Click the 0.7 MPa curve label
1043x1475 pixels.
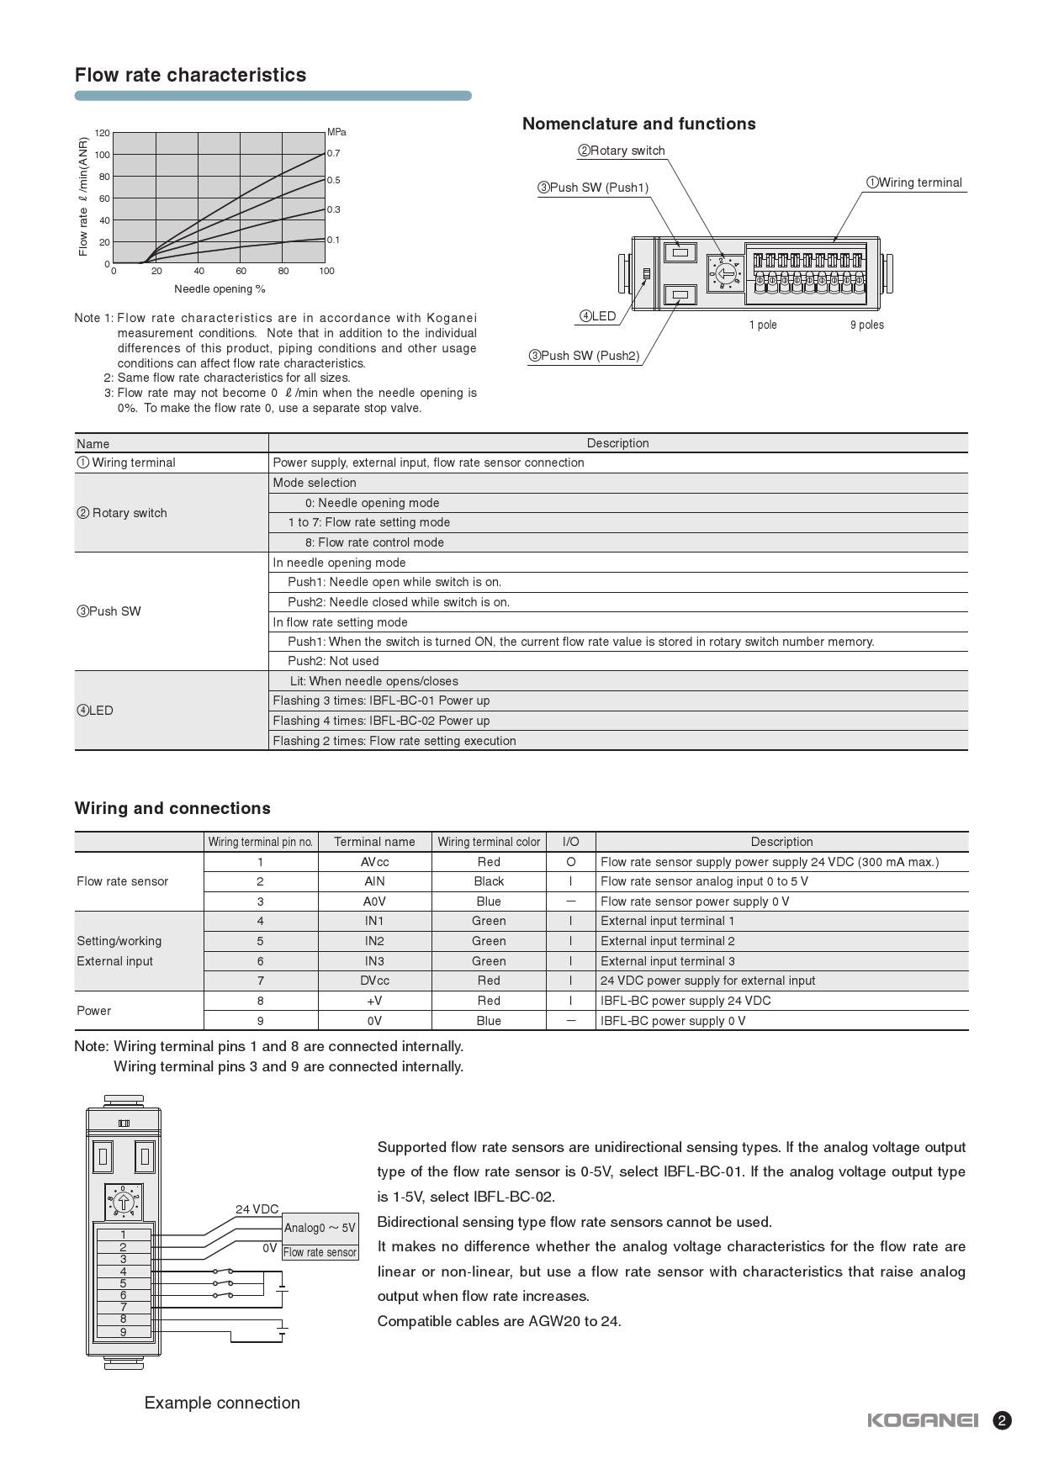coord(334,153)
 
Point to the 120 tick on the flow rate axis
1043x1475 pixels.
coord(102,133)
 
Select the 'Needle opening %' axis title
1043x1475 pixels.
coord(220,289)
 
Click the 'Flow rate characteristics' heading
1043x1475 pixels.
coord(190,75)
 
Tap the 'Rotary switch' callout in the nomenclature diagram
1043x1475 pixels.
coord(622,151)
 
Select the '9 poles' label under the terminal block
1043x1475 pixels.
coord(866,325)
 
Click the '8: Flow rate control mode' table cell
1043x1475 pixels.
coord(374,542)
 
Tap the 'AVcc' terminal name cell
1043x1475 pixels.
coord(374,862)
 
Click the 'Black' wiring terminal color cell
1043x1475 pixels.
coord(489,881)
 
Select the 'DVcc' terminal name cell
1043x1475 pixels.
coord(374,981)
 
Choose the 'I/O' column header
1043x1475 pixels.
coord(570,842)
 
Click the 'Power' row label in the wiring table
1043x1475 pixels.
coord(94,1011)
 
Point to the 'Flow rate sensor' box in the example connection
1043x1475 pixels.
coord(320,1252)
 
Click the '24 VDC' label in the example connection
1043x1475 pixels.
coord(257,1209)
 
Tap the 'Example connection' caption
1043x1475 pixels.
coord(222,1403)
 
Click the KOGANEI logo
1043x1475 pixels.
coord(923,1420)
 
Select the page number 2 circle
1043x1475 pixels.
coord(1002,1420)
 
